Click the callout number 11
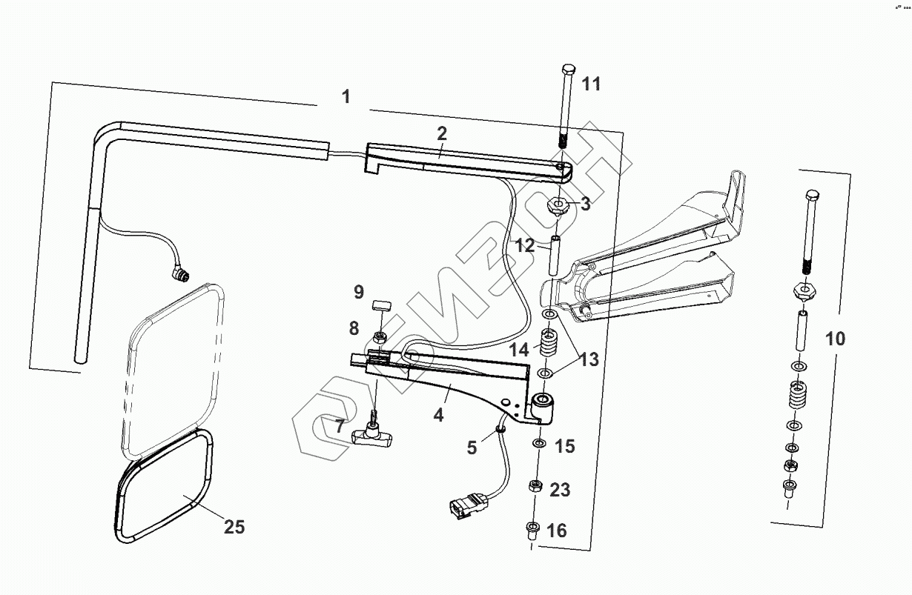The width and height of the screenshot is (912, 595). pos(590,84)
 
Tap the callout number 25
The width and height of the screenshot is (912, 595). pos(234,527)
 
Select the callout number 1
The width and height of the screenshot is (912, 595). pos(346,96)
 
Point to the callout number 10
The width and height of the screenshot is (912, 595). pos(834,339)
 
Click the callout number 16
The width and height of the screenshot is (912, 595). pos(556,531)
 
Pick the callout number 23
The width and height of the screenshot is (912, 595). pos(560,490)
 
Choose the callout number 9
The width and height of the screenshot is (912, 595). pos(358,291)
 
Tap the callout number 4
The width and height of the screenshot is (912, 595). pos(439,415)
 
